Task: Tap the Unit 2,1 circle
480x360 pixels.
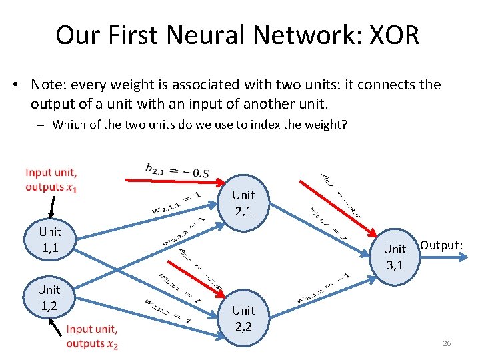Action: [x=243, y=203]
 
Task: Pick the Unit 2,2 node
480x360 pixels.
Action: [x=243, y=319]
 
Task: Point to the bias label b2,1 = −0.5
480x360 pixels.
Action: [x=177, y=171]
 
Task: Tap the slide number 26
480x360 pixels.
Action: [x=447, y=343]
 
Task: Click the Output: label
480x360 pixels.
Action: [x=441, y=245]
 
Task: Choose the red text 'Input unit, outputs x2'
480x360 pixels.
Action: [x=92, y=336]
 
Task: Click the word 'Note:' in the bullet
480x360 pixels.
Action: [x=51, y=85]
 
